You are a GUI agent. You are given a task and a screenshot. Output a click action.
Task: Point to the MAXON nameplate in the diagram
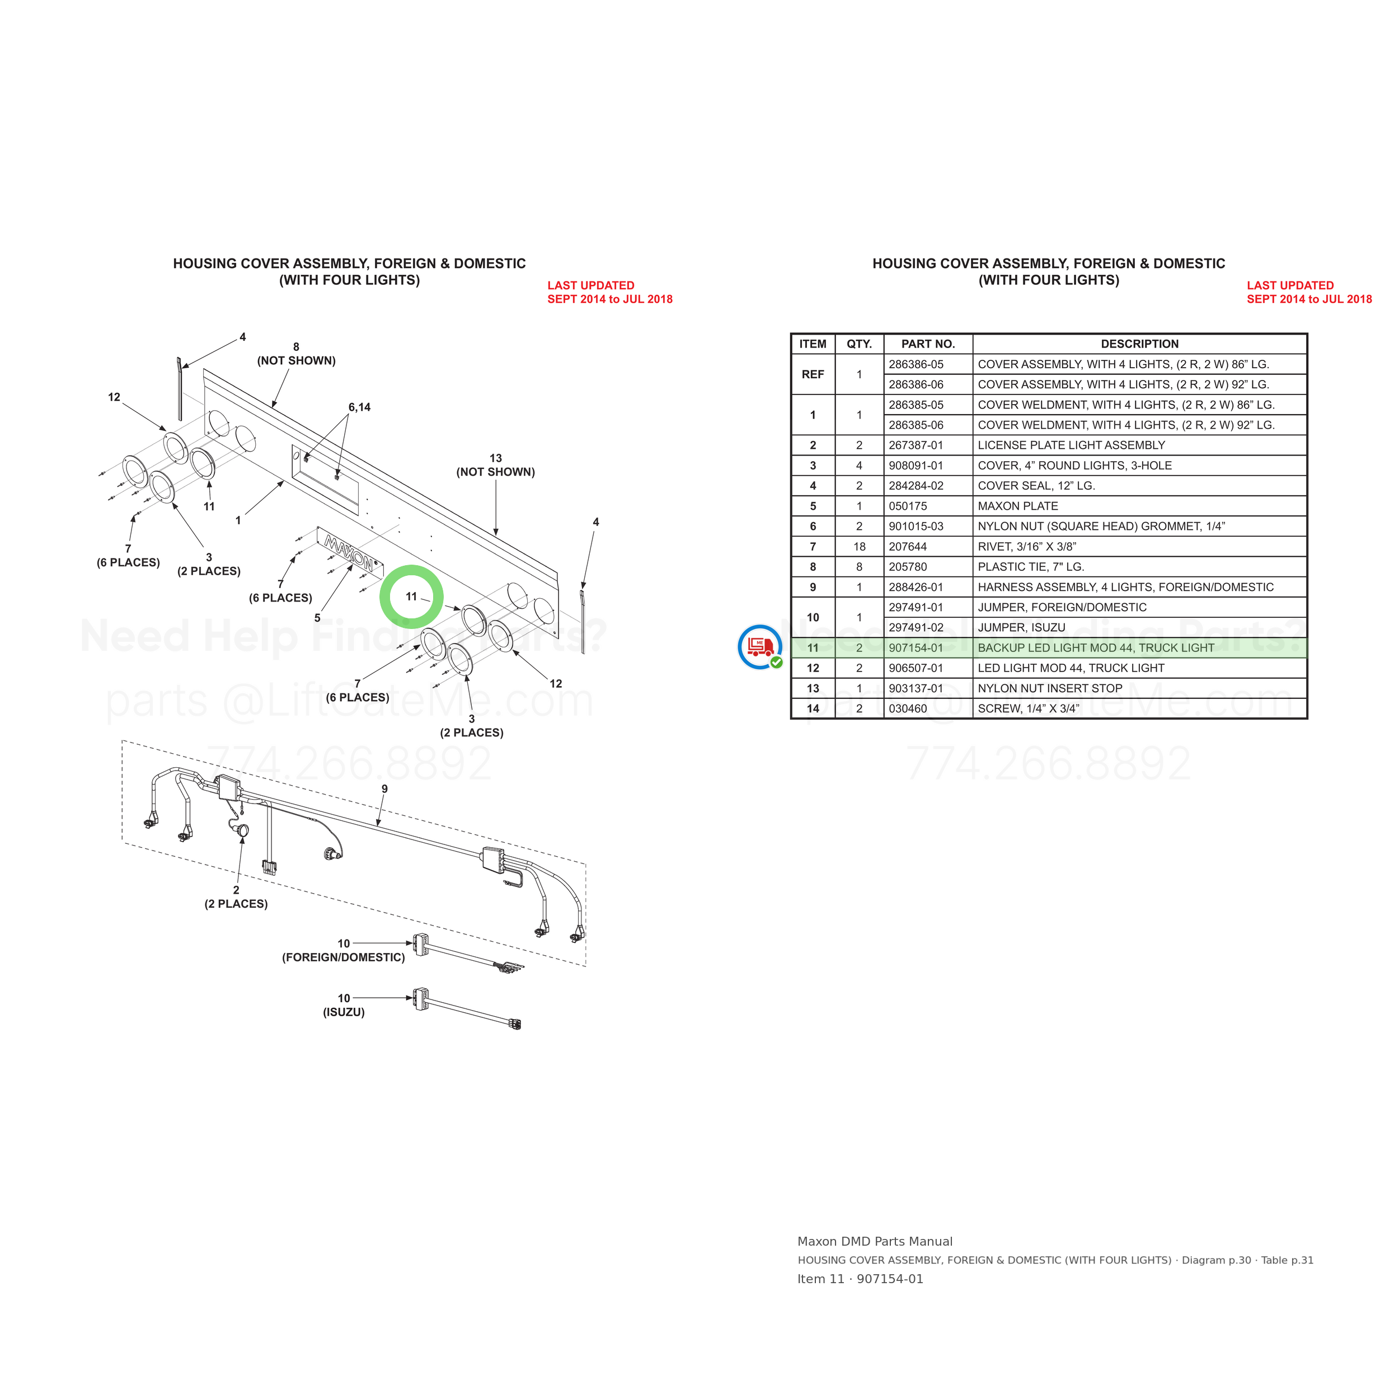350,553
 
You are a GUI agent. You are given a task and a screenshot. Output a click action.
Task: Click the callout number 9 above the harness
384,788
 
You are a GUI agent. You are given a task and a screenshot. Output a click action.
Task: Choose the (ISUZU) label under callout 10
344,1012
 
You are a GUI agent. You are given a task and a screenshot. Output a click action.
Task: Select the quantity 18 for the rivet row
860,547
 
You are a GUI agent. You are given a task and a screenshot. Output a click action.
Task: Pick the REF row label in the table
813,374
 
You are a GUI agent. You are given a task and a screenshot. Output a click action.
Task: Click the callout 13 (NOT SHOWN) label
495,465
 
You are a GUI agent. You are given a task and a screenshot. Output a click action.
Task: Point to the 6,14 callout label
359,407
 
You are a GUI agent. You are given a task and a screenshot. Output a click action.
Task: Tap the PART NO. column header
928,344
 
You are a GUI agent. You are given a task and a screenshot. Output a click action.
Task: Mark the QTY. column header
860,344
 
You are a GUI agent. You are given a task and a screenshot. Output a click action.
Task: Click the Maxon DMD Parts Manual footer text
875,1242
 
